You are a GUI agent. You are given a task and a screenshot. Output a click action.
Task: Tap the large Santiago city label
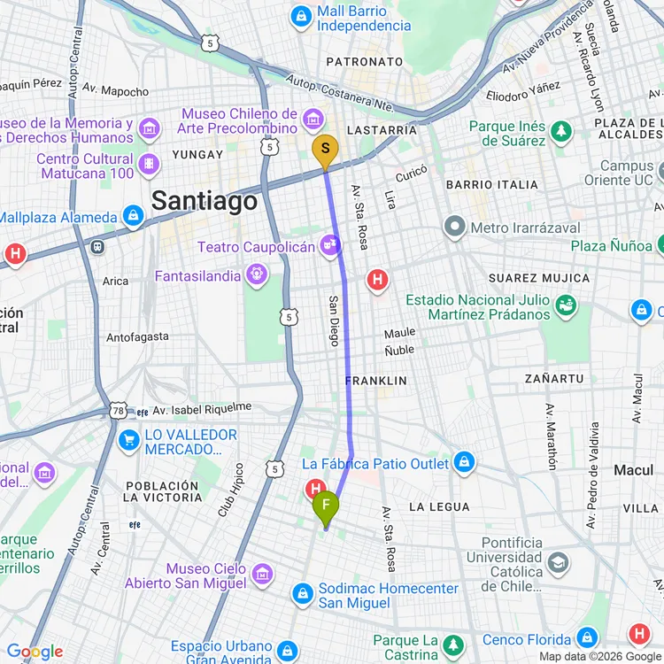pos(205,201)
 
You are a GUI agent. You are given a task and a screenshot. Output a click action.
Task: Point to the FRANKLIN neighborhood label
pos(376,381)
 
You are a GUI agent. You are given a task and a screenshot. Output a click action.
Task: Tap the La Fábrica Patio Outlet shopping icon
pos(463,461)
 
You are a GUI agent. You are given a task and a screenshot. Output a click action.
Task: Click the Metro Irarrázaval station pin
pos(455,228)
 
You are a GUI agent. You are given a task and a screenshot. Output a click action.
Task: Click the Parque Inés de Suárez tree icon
pos(560,132)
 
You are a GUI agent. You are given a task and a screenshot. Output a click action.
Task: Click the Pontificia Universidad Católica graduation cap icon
pos(559,562)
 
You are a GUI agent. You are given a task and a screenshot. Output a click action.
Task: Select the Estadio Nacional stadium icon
pos(566,306)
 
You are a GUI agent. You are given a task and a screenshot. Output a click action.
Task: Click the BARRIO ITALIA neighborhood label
pos(492,185)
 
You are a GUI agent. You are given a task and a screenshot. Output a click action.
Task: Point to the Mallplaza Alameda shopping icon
pos(133,216)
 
